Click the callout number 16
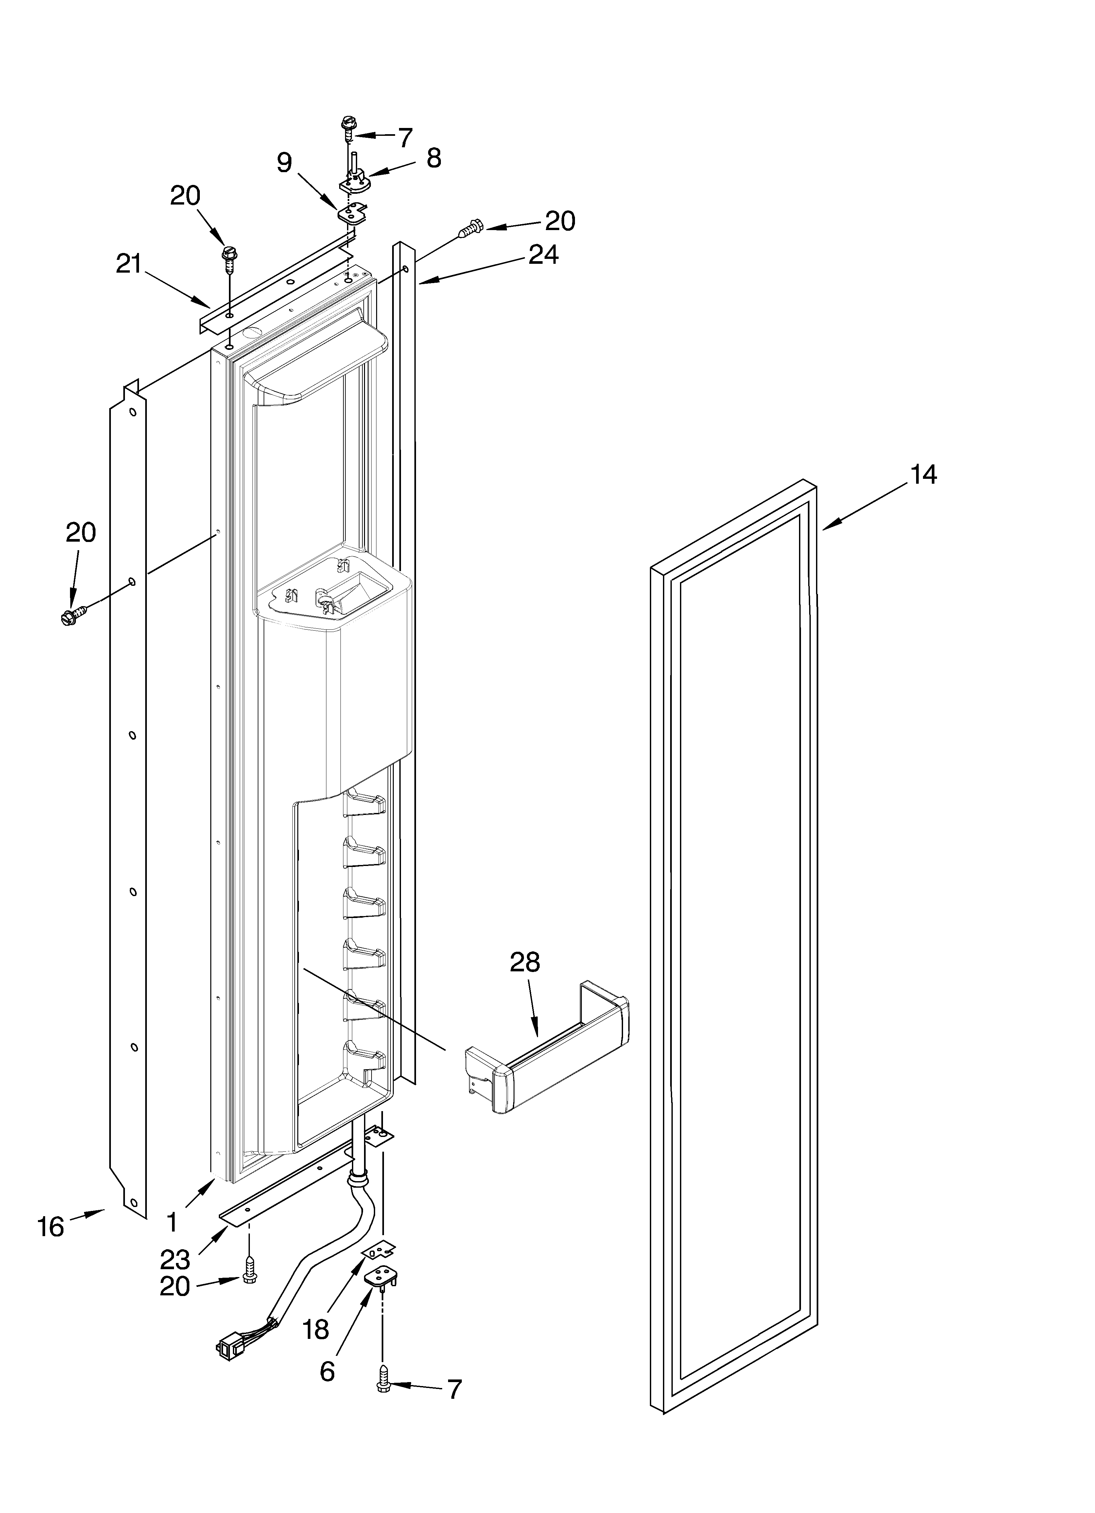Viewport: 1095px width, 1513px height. tap(51, 1226)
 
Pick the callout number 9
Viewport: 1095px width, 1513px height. tap(285, 163)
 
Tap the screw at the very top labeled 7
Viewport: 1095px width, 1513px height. tap(347, 127)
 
